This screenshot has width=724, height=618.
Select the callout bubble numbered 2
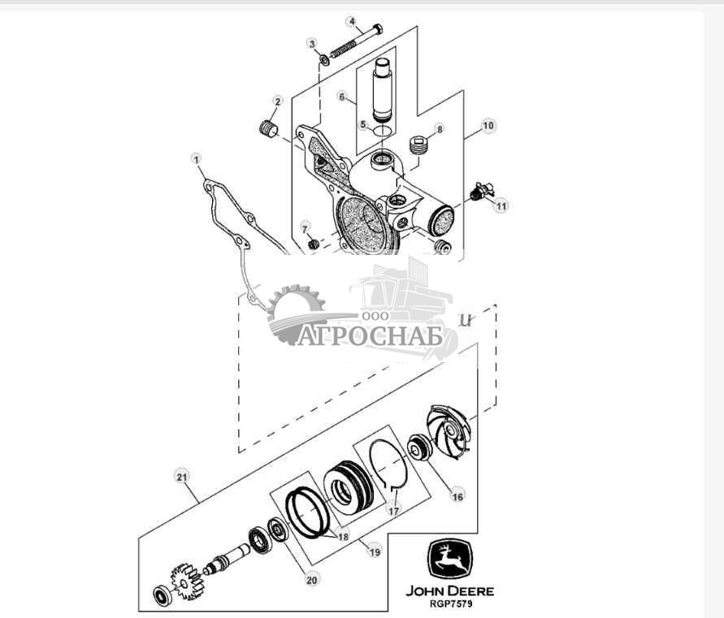coord(277,102)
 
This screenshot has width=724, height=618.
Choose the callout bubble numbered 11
coord(501,206)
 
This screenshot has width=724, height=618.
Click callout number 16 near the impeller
coord(457,495)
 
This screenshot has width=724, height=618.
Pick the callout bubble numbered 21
coord(180,477)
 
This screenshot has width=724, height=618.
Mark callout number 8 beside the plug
coord(440,129)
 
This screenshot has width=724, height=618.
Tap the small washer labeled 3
coord(324,58)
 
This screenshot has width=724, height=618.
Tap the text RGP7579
coord(449,604)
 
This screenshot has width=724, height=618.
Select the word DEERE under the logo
coord(470,591)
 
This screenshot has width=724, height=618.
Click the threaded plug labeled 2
coord(266,129)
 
